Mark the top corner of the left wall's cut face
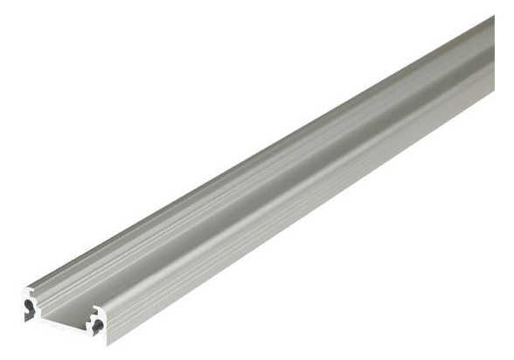pyautogui.click(x=29, y=286)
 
